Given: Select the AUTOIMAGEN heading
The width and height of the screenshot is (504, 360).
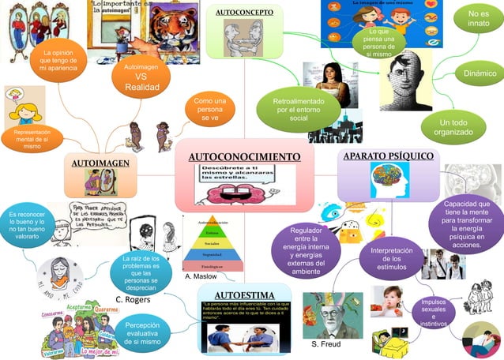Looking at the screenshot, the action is point(100,163).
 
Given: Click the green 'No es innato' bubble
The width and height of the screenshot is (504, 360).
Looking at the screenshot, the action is point(478,20).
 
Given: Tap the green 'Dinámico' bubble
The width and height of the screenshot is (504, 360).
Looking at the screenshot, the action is point(480,73).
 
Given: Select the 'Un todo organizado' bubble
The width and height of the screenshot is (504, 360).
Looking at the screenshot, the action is point(453,126).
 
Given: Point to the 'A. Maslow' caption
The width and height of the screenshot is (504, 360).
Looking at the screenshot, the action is point(200,278).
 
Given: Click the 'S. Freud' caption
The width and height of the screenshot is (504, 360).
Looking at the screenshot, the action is point(326,345).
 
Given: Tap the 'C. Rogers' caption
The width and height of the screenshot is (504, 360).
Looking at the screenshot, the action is point(133,300).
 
